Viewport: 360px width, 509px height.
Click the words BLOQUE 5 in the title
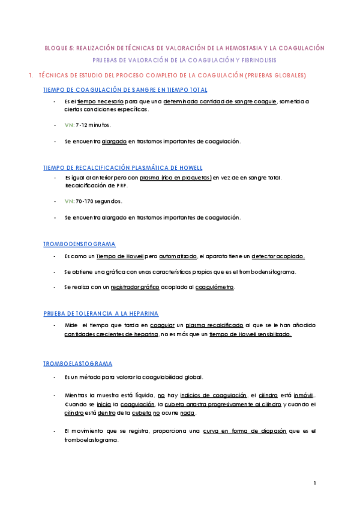[x=58, y=47]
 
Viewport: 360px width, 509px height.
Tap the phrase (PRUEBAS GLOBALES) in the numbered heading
[x=275, y=76]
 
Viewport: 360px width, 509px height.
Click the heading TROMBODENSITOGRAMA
[x=79, y=244]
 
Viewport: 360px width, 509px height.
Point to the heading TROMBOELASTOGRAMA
[x=78, y=364]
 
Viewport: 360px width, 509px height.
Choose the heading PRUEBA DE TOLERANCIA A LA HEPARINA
[x=101, y=313]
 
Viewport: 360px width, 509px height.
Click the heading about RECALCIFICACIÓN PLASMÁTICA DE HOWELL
[x=123, y=167]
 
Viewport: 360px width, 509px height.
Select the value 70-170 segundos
[x=99, y=201]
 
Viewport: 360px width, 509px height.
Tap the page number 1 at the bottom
[x=314, y=483]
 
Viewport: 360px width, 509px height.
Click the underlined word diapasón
[x=256, y=431]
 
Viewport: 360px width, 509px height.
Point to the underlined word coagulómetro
[x=215, y=288]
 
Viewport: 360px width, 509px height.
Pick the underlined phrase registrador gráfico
[x=135, y=288]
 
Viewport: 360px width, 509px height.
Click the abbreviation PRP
[x=120, y=185]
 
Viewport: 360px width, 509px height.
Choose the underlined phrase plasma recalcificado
[x=214, y=325]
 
